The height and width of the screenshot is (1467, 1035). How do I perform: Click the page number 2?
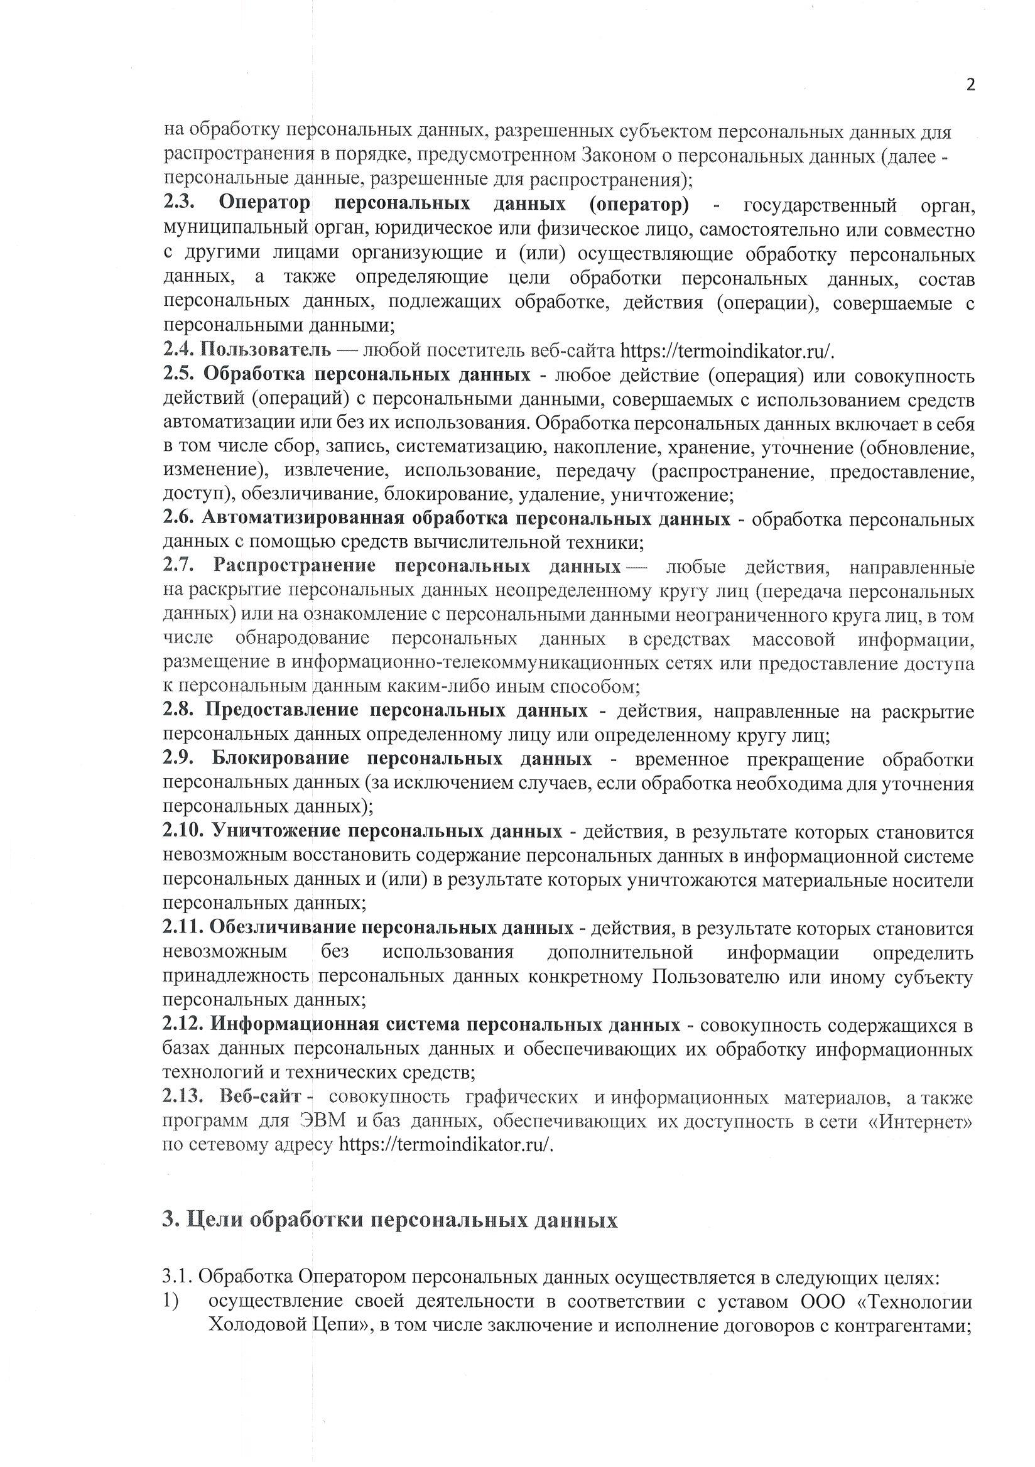[x=970, y=85]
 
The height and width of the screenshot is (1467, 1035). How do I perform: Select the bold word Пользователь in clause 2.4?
[x=266, y=350]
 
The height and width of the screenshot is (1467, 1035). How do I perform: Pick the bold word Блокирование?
[x=276, y=759]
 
